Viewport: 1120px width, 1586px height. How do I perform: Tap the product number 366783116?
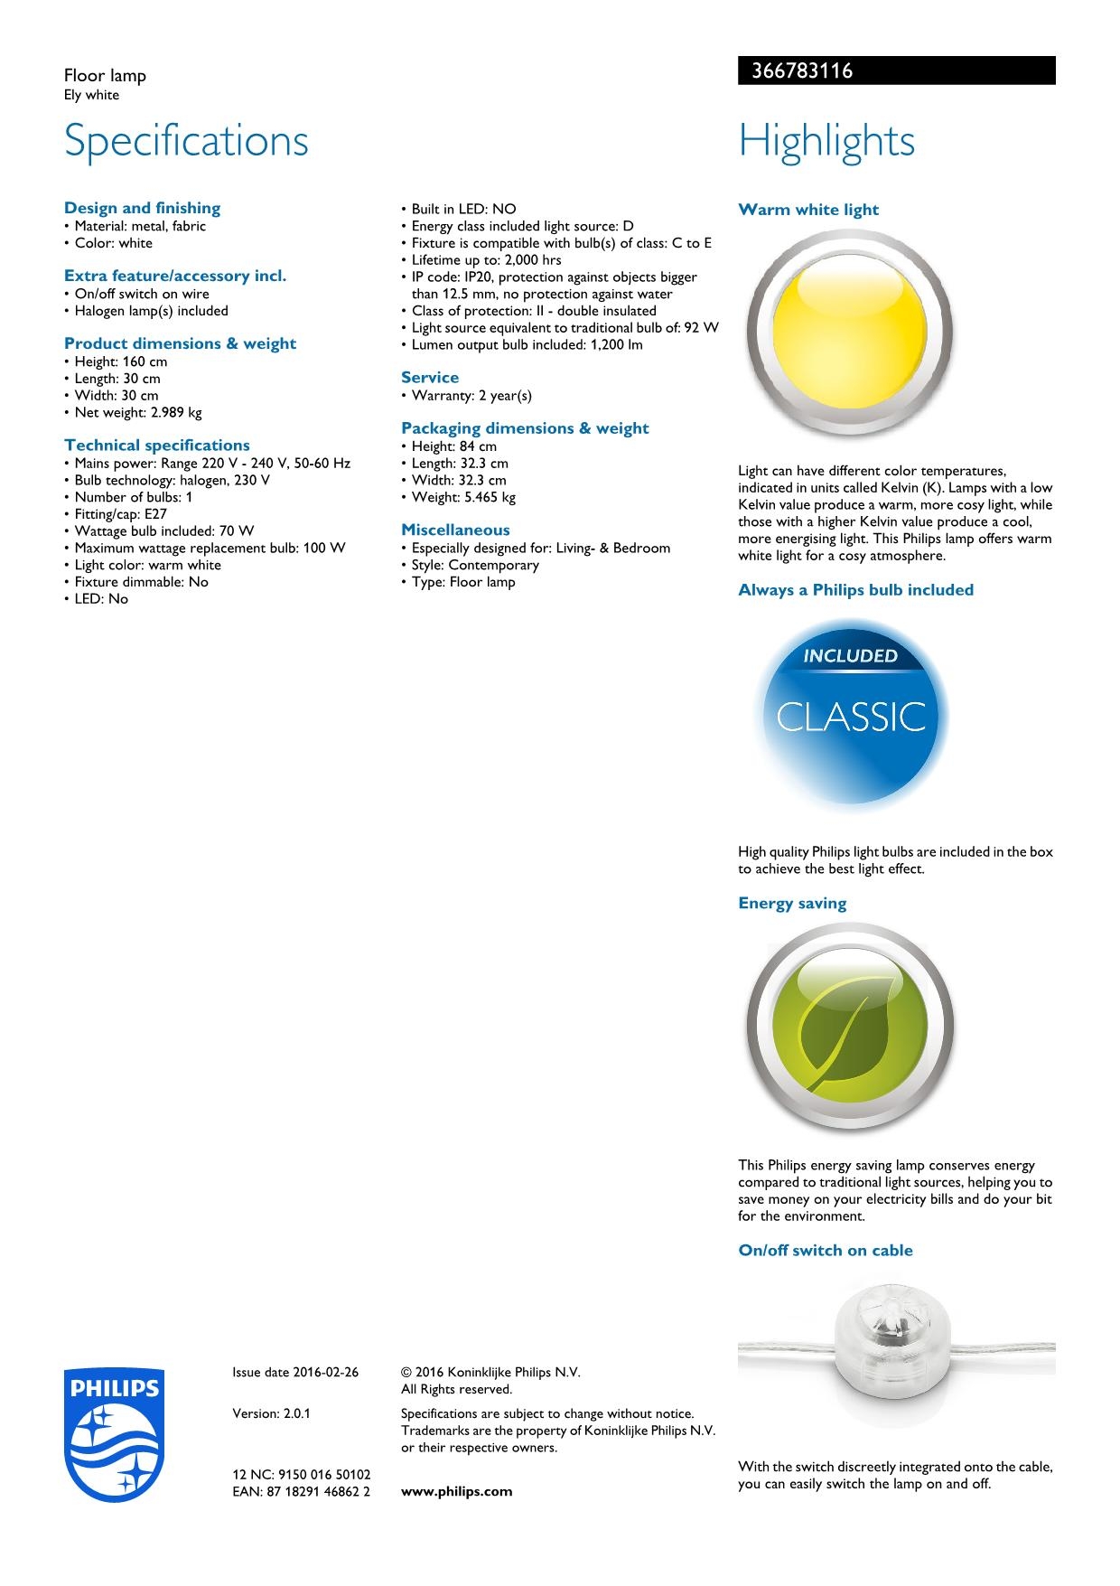796,71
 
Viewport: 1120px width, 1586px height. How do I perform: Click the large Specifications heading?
186,141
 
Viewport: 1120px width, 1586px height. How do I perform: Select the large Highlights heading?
826,141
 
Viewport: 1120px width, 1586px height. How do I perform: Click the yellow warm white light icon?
849,335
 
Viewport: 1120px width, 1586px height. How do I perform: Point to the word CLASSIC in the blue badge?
851,718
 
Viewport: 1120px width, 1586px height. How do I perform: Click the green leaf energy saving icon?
849,1027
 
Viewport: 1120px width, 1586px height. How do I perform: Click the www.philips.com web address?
456,1491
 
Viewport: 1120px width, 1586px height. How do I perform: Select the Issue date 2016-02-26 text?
295,1372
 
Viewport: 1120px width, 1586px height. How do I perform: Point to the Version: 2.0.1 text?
271,1413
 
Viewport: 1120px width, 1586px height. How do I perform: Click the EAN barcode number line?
302,1491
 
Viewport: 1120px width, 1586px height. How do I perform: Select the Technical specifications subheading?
157,445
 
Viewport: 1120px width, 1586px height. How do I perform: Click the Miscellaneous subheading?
455,530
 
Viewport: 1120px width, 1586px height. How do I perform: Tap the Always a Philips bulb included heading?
855,590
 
